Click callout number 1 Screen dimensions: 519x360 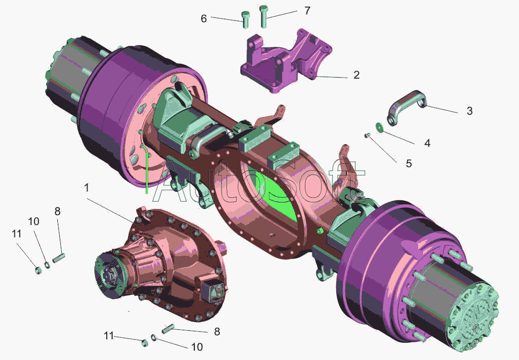(x=86, y=188)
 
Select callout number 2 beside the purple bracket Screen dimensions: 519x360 (x=356, y=75)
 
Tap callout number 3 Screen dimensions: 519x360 (x=470, y=111)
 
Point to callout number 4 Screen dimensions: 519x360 (x=427, y=143)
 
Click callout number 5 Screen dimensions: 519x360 (x=409, y=164)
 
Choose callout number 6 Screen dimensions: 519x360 (x=204, y=19)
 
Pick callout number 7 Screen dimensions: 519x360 (x=307, y=10)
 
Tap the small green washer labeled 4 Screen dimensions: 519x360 (x=379, y=128)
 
